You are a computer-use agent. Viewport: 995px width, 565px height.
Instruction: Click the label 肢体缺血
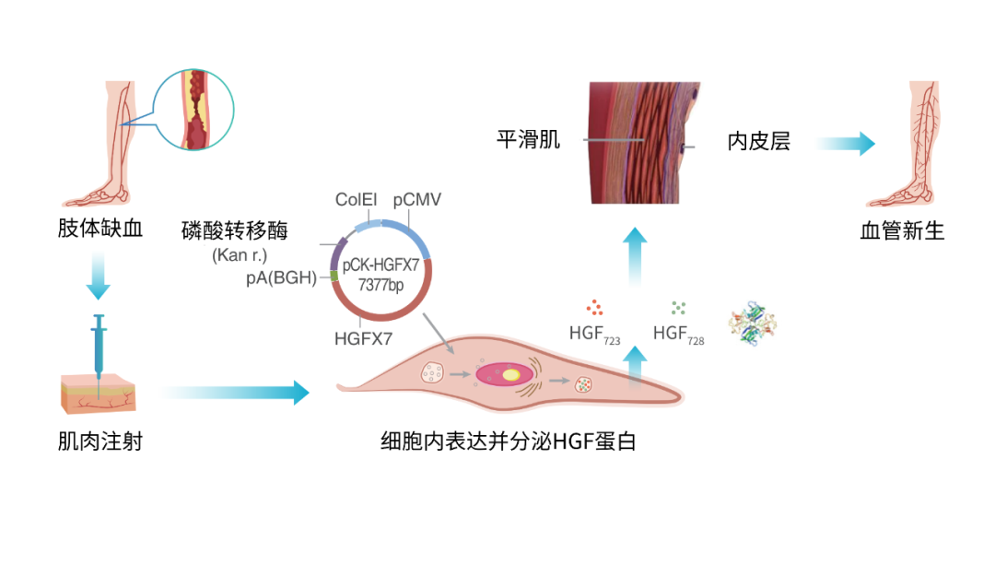click(x=100, y=228)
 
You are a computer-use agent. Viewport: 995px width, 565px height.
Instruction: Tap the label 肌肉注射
click(x=100, y=441)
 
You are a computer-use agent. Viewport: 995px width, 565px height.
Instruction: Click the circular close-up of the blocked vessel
click(x=193, y=110)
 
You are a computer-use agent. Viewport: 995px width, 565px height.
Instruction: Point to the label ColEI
click(x=356, y=199)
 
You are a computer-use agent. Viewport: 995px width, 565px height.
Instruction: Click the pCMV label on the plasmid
click(x=417, y=199)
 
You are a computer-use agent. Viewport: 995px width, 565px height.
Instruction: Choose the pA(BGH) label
click(x=281, y=277)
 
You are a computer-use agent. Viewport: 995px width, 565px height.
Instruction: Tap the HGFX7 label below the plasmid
click(x=364, y=338)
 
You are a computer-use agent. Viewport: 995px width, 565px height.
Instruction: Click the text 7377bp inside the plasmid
click(x=380, y=285)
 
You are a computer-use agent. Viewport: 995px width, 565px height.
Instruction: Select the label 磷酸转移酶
click(x=234, y=230)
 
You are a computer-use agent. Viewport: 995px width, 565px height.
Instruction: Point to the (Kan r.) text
click(x=240, y=255)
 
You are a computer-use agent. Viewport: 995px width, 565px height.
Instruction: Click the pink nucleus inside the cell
click(x=505, y=374)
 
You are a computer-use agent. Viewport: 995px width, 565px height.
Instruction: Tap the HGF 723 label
click(x=594, y=335)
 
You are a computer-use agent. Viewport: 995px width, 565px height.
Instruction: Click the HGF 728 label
click(x=678, y=335)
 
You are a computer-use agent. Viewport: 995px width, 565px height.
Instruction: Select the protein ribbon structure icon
click(x=753, y=324)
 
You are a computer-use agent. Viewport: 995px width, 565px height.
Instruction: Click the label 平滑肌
click(x=528, y=139)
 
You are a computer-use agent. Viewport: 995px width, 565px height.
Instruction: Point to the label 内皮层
click(x=759, y=141)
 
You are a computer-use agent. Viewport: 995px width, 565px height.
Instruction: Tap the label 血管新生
click(x=902, y=230)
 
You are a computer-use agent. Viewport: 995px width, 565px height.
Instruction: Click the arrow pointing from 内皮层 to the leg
click(x=846, y=144)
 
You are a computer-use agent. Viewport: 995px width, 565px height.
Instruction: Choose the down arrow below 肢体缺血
click(x=99, y=275)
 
